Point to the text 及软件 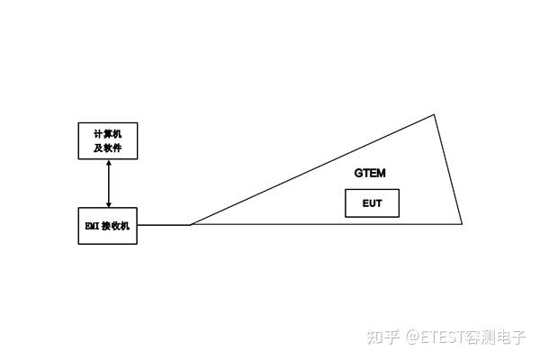coord(108,148)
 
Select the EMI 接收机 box coord(108,226)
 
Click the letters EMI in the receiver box coord(92,226)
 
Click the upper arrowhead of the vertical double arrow coord(108,164)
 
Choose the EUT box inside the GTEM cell coord(372,203)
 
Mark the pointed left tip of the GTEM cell coord(191,223)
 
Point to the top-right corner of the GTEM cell coord(435,114)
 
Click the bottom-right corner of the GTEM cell coord(462,223)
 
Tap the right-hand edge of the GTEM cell coord(448,169)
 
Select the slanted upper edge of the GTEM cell coord(313,169)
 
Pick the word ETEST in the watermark coord(441,338)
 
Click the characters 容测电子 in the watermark coord(494,338)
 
